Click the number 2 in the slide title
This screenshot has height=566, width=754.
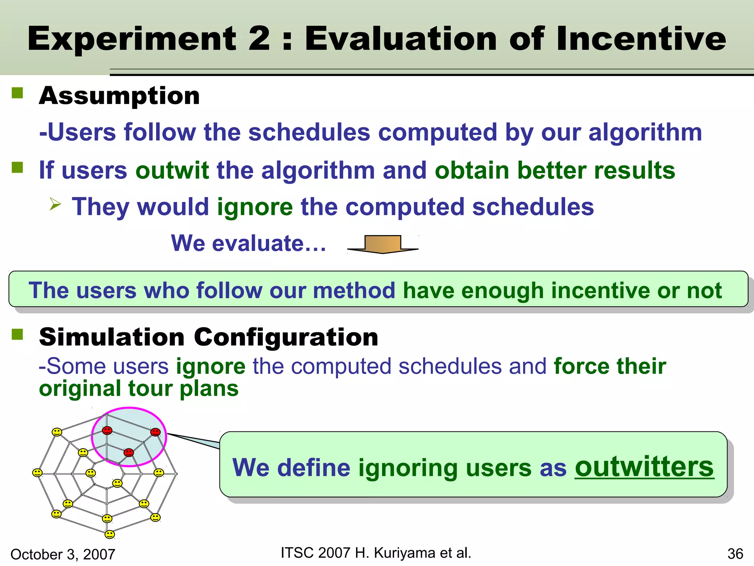coord(259,39)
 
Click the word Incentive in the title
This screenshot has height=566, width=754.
coord(641,39)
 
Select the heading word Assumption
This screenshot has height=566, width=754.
coord(119,96)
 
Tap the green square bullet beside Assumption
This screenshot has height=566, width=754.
coord(17,93)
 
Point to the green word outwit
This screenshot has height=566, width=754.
coord(172,170)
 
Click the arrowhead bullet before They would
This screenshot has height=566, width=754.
coord(55,204)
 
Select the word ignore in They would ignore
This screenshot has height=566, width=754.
coord(255,207)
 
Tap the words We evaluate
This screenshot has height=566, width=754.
coord(249,244)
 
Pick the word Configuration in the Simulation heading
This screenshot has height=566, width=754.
coord(286,337)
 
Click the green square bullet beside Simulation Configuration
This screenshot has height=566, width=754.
coord(17,334)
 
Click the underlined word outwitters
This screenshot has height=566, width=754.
coord(644,467)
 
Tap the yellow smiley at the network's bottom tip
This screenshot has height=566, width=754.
coord(110,534)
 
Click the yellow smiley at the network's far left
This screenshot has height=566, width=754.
coord(37,472)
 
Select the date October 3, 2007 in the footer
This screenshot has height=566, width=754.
coord(63,554)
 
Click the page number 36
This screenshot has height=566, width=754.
coord(735,554)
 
